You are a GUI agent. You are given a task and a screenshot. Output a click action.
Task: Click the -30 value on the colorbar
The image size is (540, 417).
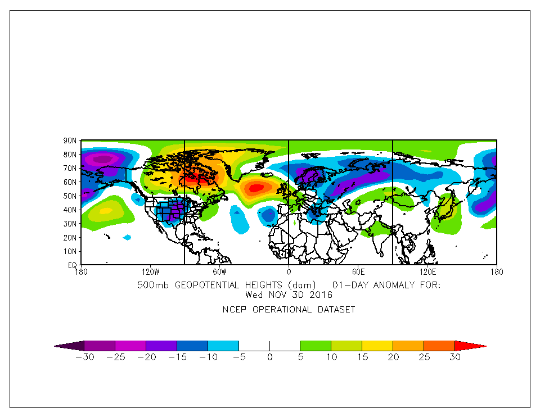84,357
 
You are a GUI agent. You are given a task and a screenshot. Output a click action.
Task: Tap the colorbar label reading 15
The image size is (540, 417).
362,357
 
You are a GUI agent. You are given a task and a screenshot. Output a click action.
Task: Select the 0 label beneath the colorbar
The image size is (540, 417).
269,357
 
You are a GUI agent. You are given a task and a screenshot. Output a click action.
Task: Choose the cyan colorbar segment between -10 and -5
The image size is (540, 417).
223,346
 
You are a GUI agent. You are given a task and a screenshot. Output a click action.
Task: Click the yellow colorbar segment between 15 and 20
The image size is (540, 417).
377,346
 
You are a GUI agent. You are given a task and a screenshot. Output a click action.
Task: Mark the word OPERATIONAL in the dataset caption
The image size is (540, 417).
282,310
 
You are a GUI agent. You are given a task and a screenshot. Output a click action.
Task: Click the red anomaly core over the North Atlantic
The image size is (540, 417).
256,188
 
